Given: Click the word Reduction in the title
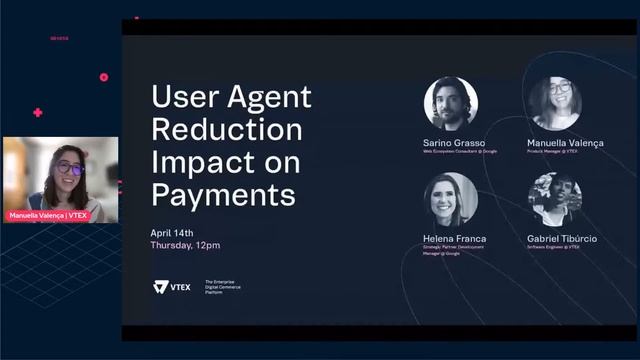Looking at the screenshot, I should point(226,129).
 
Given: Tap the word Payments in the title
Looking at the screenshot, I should point(223,193).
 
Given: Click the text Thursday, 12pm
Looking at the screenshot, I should point(185,244).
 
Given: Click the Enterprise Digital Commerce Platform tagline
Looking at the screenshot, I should point(223,287).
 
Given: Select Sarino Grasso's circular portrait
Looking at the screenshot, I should point(450,104).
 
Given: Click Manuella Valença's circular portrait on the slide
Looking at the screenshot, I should point(556,104).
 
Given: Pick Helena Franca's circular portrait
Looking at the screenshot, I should point(450,199).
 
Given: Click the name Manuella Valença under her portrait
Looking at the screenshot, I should point(565,143).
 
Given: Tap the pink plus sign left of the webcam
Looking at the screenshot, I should point(37,113).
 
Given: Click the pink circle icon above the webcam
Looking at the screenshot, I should point(103,77).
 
